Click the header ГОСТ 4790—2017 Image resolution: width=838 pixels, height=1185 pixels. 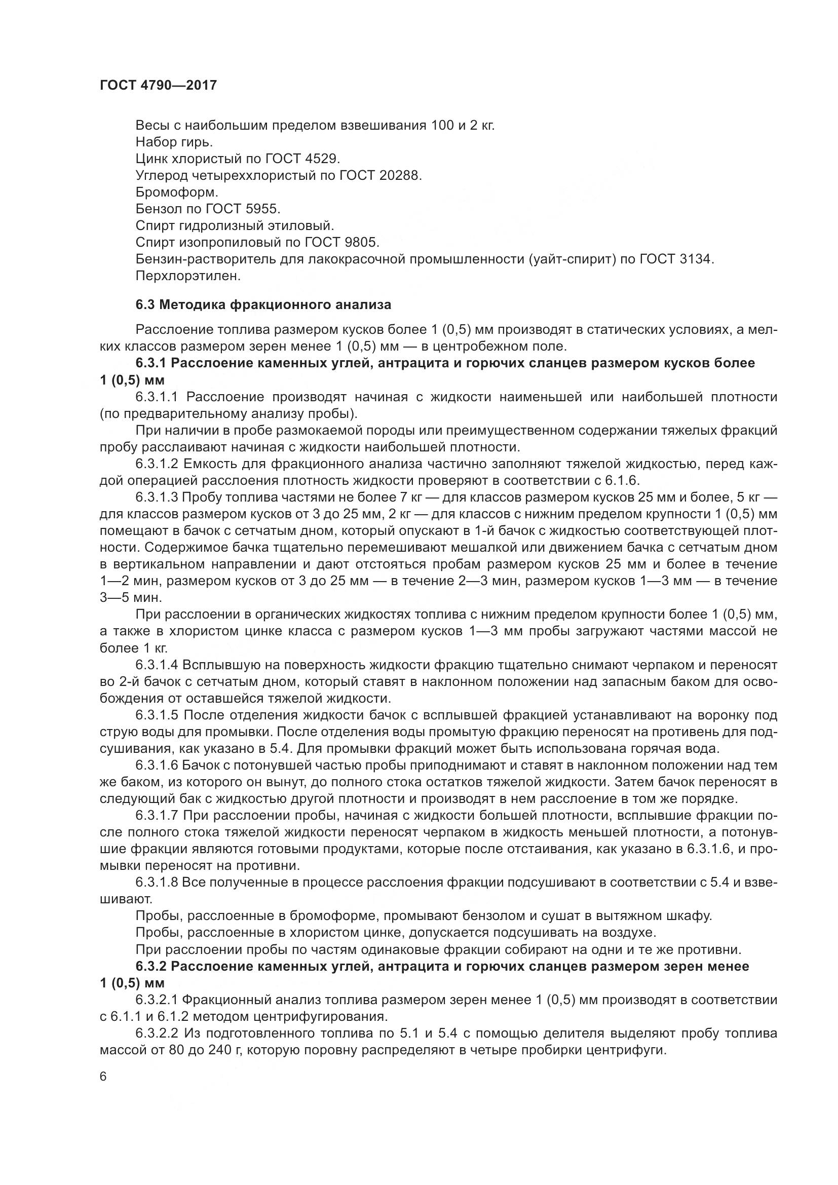point(158,85)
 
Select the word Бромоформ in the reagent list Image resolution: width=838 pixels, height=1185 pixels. point(176,193)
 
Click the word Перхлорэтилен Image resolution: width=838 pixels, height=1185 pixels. point(188,276)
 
